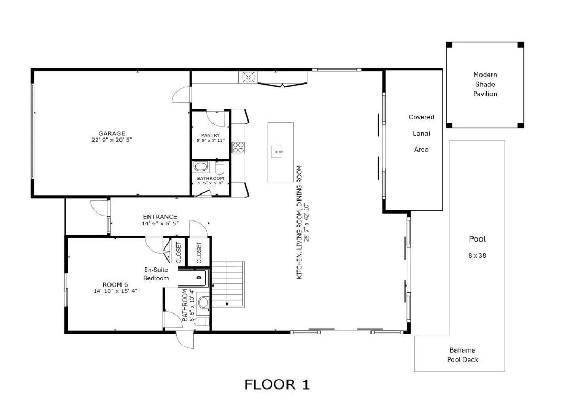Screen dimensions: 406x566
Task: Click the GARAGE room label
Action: [112, 134]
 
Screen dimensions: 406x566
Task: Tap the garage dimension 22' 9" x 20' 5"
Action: [112, 141]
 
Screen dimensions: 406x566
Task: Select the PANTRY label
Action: [210, 135]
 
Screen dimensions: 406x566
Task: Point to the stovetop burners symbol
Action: [238, 147]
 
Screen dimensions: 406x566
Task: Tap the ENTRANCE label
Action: [160, 217]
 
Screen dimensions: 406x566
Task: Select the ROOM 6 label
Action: [115, 285]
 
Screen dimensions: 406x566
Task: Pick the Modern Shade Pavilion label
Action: [485, 85]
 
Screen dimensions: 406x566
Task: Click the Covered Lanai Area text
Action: [421, 133]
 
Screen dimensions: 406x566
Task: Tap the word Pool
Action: [477, 239]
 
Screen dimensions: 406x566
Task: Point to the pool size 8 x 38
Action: [477, 255]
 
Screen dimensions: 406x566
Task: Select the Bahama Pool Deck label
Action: [462, 355]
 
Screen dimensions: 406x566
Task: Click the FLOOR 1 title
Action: [277, 384]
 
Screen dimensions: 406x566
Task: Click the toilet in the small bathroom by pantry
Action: [220, 168]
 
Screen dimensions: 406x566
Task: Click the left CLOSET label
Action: [178, 252]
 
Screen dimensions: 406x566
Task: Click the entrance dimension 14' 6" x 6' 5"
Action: [160, 224]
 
